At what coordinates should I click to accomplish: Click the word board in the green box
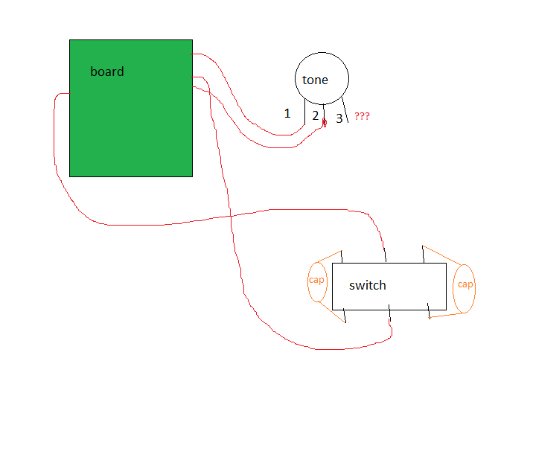pos(107,71)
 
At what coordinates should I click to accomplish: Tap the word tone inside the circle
pos(315,80)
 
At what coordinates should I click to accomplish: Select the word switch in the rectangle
pos(368,286)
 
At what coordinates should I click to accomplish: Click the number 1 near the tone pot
pos(287,113)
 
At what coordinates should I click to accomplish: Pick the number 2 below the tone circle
pos(316,115)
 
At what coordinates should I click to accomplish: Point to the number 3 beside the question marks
pos(339,118)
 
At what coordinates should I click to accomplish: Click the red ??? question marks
pos(362,116)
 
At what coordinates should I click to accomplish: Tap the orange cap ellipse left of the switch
pos(317,282)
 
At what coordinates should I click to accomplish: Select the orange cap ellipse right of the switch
pos(464,289)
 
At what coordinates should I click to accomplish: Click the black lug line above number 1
pos(305,112)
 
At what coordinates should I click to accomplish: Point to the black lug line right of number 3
pos(345,109)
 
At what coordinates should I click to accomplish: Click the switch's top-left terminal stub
pos(342,257)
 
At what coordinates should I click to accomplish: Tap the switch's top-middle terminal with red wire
pos(385,255)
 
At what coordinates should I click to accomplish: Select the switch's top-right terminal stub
pos(424,255)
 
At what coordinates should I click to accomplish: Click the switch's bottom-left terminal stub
pos(345,316)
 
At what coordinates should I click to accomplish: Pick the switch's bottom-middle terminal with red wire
pos(389,313)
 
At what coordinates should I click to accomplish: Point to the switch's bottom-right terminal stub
pos(429,311)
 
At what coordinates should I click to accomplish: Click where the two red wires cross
pos(231,216)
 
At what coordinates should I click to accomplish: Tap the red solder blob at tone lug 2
pos(325,123)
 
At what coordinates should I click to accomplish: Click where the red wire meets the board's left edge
pos(70,93)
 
